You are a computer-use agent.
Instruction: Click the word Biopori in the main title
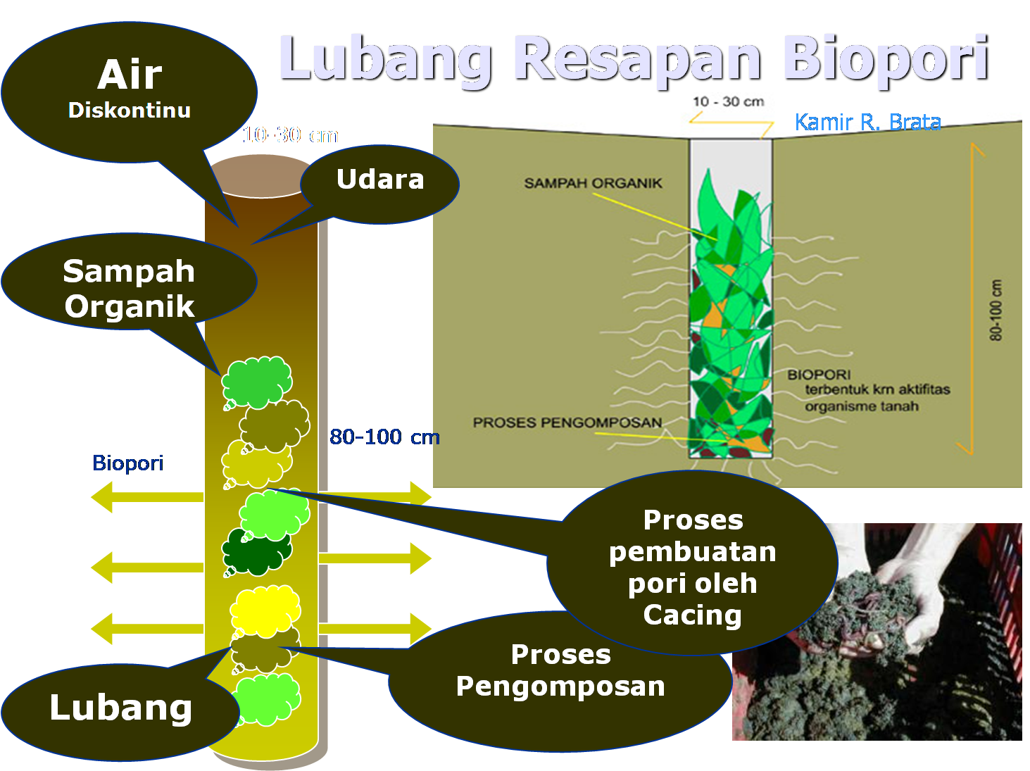pyautogui.click(x=886, y=59)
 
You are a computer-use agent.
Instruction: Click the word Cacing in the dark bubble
pyautogui.click(x=692, y=615)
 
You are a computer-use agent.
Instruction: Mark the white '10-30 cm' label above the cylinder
pyautogui.click(x=290, y=134)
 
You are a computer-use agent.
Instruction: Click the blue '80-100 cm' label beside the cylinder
pyautogui.click(x=384, y=437)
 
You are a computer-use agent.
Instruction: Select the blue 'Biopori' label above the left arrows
pyautogui.click(x=127, y=463)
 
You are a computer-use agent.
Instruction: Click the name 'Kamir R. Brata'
pyautogui.click(x=867, y=122)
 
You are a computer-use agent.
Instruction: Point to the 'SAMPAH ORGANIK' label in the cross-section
pyautogui.click(x=593, y=183)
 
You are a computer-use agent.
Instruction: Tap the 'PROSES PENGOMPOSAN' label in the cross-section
pyautogui.click(x=567, y=422)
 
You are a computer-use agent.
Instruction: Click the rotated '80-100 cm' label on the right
pyautogui.click(x=996, y=311)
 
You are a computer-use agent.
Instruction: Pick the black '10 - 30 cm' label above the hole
pyautogui.click(x=728, y=101)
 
